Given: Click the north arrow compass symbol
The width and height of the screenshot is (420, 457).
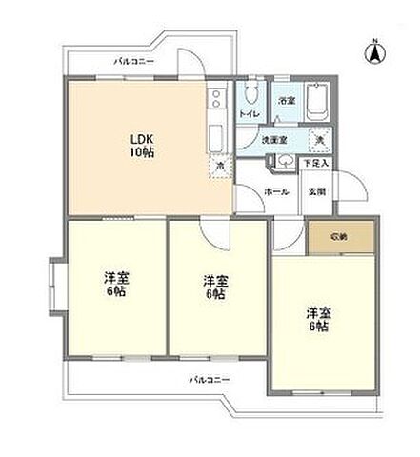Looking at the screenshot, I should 374,52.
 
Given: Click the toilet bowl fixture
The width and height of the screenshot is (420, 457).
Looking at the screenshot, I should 250,95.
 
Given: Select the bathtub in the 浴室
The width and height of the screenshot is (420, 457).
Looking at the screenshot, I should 318,100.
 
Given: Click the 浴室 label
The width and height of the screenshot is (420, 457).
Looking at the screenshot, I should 285,102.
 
